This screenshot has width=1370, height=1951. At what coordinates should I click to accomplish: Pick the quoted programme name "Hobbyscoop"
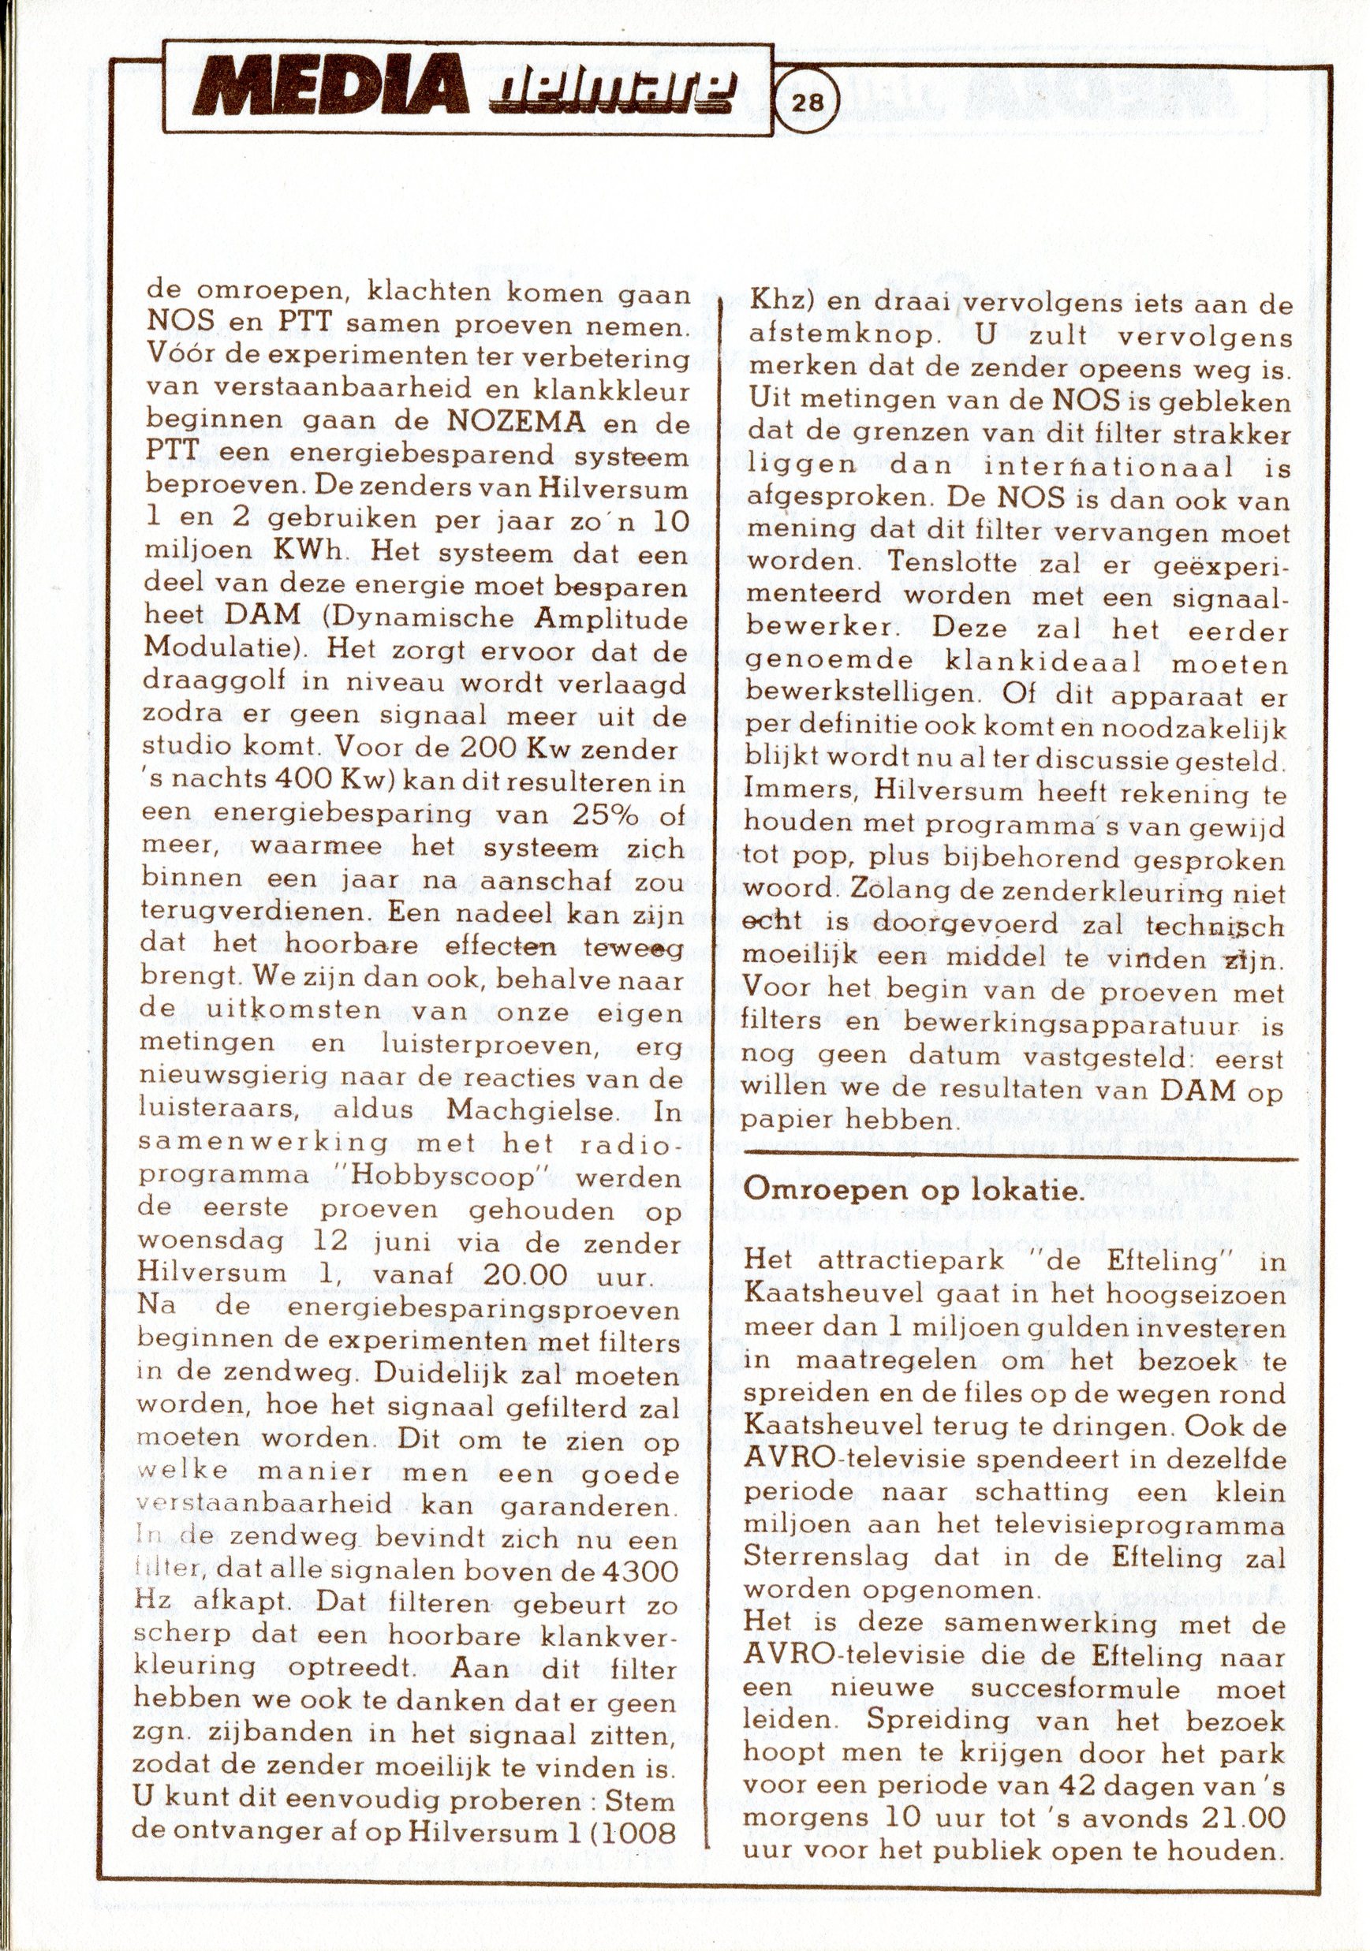tap(442, 1179)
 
